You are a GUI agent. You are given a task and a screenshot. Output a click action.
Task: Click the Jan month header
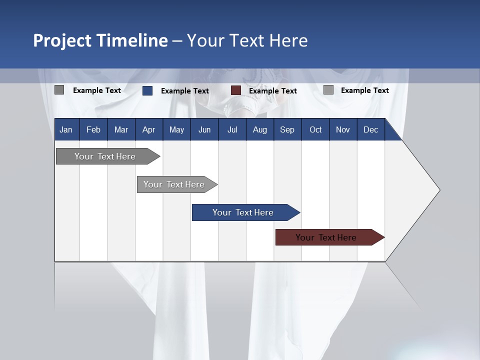coord(66,129)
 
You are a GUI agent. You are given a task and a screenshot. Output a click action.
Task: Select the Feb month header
coord(93,129)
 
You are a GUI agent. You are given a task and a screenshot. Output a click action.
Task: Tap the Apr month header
coord(148,129)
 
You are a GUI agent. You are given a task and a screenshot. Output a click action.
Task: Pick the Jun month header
coord(204,129)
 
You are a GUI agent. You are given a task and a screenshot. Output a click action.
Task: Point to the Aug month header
coord(259,129)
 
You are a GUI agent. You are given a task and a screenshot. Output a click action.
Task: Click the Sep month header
coord(287,129)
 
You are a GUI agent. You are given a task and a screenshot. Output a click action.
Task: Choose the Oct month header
coord(315,129)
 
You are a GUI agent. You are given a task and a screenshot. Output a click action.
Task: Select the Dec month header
coord(370,129)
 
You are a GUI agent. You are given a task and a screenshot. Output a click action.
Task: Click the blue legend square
coord(147,90)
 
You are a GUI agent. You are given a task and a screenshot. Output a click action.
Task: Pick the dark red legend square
coord(236,90)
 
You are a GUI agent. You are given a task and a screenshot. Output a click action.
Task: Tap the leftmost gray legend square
coord(59,90)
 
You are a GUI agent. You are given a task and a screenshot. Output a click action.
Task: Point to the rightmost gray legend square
coord(328,90)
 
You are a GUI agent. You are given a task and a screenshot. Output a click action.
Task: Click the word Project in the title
coord(62,40)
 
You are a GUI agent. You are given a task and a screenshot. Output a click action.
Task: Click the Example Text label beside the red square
coord(272,91)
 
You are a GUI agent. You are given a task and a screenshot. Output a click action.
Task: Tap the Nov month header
coord(342,129)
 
